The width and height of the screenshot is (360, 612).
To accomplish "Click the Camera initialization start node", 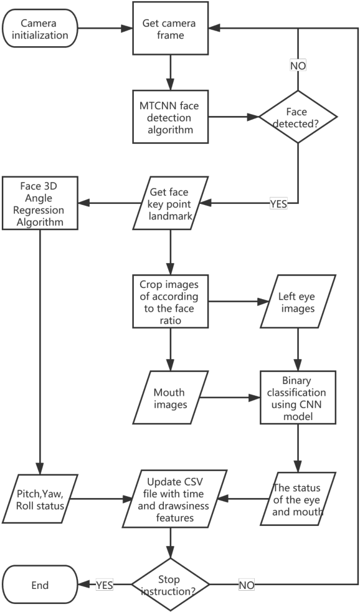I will [x=44, y=29].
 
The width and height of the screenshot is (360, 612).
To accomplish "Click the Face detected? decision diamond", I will [x=298, y=116].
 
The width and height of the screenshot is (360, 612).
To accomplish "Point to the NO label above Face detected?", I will [x=298, y=64].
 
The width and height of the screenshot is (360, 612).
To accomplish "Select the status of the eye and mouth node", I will [x=298, y=498].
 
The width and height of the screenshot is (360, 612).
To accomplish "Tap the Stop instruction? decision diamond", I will [x=169, y=585].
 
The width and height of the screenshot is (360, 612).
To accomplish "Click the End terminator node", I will [x=39, y=585].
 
